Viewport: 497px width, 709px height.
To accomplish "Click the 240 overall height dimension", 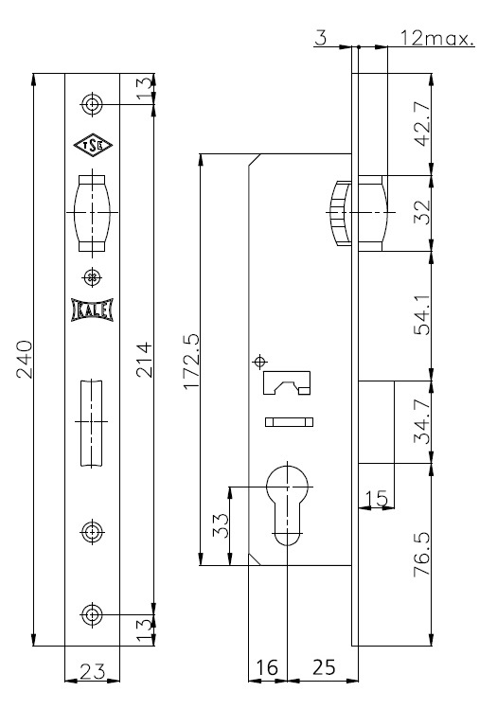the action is [24, 360].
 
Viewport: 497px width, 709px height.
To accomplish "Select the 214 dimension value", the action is [144, 360].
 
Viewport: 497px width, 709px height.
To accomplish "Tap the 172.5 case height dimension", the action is [191, 362].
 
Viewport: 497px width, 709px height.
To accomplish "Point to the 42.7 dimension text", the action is [422, 123].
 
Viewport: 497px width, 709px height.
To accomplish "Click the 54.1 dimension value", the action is [422, 315].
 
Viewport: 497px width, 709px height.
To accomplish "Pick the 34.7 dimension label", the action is [422, 421].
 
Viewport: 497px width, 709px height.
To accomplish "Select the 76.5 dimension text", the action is [422, 554].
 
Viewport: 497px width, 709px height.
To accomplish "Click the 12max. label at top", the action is [437, 39].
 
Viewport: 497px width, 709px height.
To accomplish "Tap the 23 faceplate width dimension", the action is [92, 671].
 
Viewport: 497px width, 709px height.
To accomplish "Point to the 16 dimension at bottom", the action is [267, 667].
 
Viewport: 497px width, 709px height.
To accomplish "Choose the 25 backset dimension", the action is [324, 667].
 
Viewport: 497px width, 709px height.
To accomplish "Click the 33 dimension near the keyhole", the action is [222, 525].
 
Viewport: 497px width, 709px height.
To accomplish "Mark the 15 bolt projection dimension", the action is [376, 498].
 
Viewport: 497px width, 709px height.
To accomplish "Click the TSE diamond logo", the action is [93, 145].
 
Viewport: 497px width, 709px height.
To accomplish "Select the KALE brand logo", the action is [92, 310].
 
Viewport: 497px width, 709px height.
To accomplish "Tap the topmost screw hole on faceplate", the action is [92, 104].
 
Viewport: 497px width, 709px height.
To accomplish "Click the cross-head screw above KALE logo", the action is [92, 277].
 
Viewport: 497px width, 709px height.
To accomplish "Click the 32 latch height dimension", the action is [422, 213].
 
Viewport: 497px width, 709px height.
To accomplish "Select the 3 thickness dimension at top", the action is [320, 39].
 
